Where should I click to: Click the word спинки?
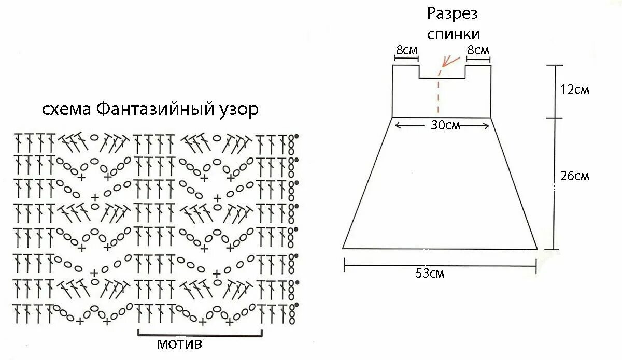453,34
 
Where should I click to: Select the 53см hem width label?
430,273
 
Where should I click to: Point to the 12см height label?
575,90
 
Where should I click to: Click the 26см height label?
575,176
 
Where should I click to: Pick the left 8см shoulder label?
407,51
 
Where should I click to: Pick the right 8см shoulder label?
478,51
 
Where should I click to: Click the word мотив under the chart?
179,344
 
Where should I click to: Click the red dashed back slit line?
439,96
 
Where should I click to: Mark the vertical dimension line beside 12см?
555,91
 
